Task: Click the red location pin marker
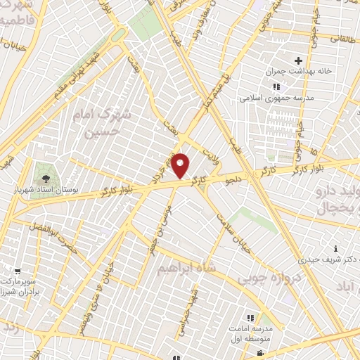tap(181, 165)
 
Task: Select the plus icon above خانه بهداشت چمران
tap(299, 61)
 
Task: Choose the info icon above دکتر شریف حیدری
tap(336, 248)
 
